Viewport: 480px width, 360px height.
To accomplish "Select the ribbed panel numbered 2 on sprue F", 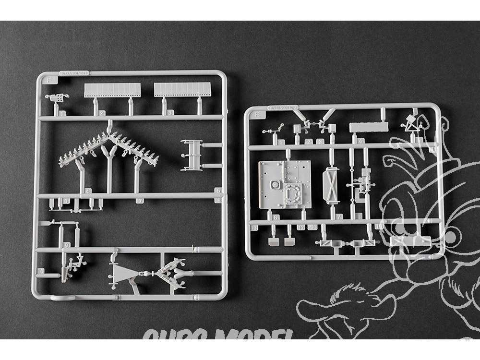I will pyautogui.click(x=112, y=90).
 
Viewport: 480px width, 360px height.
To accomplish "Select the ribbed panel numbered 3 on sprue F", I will pyautogui.click(x=182, y=90).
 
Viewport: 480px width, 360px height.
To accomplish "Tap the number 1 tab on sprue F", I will pyautogui.click(x=63, y=113).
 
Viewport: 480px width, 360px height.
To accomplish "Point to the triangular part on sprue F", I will pyautogui.click(x=124, y=274).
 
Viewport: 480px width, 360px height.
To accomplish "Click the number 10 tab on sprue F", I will pyautogui.click(x=41, y=271).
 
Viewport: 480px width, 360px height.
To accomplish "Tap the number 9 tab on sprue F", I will pyautogui.click(x=66, y=245).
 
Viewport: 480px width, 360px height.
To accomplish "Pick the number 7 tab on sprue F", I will pyautogui.click(x=139, y=201).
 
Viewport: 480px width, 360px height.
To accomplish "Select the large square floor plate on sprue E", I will pyautogui.click(x=284, y=184).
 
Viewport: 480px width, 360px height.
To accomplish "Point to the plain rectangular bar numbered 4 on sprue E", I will pyautogui.click(x=369, y=127).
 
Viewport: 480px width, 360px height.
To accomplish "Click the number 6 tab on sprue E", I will pyautogui.click(x=276, y=217).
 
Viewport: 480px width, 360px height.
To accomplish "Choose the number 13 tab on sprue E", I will pyautogui.click(x=254, y=227).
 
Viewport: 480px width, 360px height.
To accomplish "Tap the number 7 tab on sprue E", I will pyautogui.click(x=339, y=217).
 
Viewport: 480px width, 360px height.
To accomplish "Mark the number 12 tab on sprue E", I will pyautogui.click(x=300, y=227).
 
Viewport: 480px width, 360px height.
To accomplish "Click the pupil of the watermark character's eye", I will pyautogui.click(x=450, y=237).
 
